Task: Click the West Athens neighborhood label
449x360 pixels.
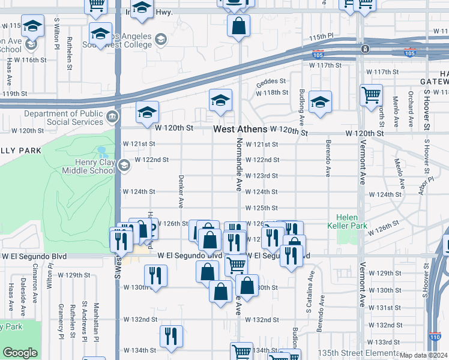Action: click(x=240, y=130)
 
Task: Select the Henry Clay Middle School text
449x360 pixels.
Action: click(x=88, y=166)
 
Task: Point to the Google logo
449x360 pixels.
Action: click(x=19, y=353)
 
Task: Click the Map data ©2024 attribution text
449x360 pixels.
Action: click(x=424, y=355)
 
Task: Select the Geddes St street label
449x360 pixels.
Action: click(x=273, y=83)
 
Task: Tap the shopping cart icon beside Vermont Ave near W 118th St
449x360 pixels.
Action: click(x=371, y=95)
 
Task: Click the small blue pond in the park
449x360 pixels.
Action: click(x=102, y=153)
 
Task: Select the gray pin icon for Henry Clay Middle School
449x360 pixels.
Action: click(x=124, y=165)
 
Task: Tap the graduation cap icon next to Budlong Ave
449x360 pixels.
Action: click(x=320, y=103)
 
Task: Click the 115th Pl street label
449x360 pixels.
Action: click(x=321, y=37)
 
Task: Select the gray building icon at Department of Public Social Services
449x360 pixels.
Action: click(x=112, y=116)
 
